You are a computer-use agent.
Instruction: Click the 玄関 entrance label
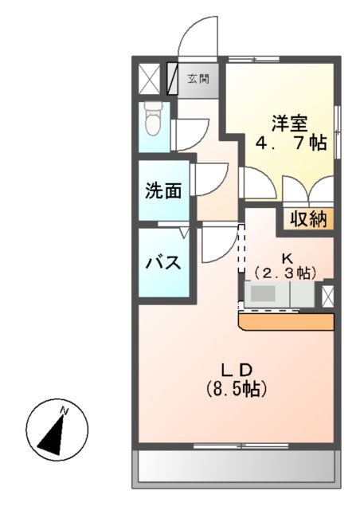tap(199, 79)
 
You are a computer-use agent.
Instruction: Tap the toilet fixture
tap(154, 120)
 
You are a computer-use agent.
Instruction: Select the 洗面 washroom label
tap(163, 191)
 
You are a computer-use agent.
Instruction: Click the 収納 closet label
tap(308, 220)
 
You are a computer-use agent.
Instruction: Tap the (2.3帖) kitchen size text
tap(284, 273)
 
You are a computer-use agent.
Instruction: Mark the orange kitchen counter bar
tap(285, 320)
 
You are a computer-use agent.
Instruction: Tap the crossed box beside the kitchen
tap(328, 295)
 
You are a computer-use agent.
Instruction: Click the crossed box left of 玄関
tap(150, 79)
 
